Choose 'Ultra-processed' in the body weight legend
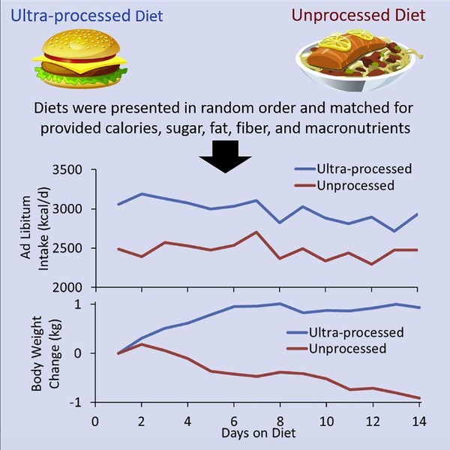(357, 333)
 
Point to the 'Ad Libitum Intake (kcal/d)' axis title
(33, 229)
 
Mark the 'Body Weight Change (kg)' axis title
(33, 352)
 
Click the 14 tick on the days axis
(419, 422)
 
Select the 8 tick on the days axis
(280, 422)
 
